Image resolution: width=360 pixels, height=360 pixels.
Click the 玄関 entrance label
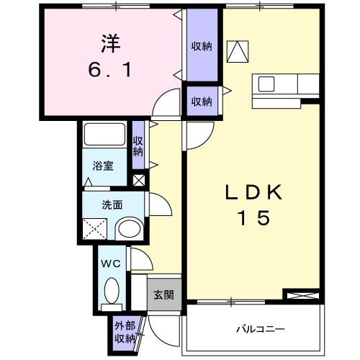click(162, 294)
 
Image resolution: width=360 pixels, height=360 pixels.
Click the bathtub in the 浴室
click(106, 135)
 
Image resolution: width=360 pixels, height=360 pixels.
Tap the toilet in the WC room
click(113, 292)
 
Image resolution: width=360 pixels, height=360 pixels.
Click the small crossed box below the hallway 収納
click(139, 181)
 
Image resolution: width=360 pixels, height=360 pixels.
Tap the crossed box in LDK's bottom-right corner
click(302, 295)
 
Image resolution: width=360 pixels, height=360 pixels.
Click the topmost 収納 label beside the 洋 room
click(202, 46)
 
